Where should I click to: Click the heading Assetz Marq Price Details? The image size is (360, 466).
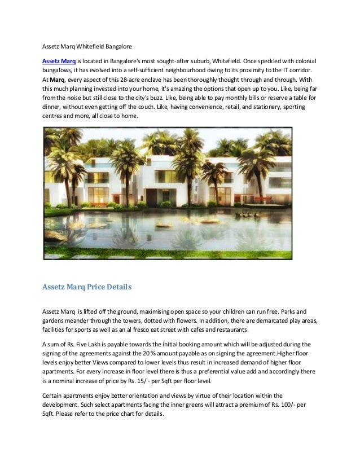(87, 287)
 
